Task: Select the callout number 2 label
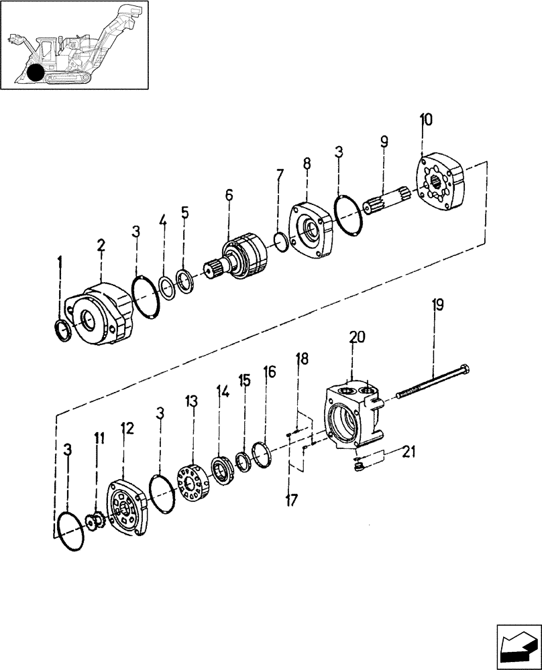pos(101,247)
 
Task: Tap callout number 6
pos(229,195)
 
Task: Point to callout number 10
pos(426,121)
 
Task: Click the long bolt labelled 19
pos(433,381)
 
